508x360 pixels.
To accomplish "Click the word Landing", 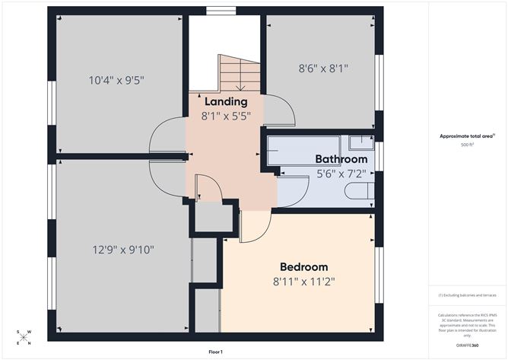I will pyautogui.click(x=226, y=101).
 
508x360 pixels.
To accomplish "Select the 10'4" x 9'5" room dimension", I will pyautogui.click(x=116, y=78).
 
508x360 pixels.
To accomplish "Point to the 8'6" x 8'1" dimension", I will pyautogui.click(x=322, y=68).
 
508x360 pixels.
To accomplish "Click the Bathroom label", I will pyautogui.click(x=341, y=159).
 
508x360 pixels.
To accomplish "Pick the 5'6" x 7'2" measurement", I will pyautogui.click(x=341, y=174).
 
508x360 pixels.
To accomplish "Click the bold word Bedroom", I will pyautogui.click(x=303, y=266).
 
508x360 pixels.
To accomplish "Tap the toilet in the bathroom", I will pyautogui.click(x=360, y=190).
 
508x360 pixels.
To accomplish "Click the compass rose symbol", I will pyautogui.click(x=24, y=336).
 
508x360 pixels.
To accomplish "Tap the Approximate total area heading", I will pyautogui.click(x=466, y=136).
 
